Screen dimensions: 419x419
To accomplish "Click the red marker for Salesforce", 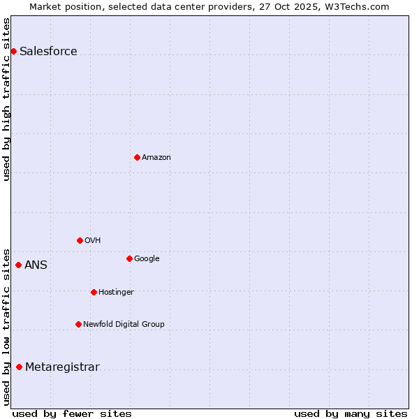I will click(13, 51).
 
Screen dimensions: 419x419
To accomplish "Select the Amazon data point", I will click(137, 157).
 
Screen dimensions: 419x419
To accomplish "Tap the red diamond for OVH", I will click(80, 240).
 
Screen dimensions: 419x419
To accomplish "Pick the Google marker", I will click(129, 258).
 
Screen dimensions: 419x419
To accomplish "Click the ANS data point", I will click(19, 265).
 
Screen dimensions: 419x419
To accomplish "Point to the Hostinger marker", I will click(94, 292).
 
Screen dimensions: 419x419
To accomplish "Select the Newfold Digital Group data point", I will click(78, 324).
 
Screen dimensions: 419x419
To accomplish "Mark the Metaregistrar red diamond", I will click(19, 367).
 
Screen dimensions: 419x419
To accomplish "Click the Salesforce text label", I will click(48, 52).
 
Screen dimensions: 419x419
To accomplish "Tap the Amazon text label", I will click(156, 158).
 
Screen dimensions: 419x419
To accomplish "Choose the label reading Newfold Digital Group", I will click(124, 324).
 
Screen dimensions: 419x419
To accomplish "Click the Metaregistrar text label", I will click(62, 367).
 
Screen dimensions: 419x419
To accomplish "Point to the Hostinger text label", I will click(116, 292).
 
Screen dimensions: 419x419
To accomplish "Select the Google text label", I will click(147, 258).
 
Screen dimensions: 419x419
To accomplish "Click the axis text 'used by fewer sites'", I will click(72, 413).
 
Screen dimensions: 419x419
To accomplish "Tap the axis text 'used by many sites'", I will click(351, 413).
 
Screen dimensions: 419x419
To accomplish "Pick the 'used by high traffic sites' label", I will click(6, 98).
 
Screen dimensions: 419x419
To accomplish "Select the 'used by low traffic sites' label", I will click(6, 326).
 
